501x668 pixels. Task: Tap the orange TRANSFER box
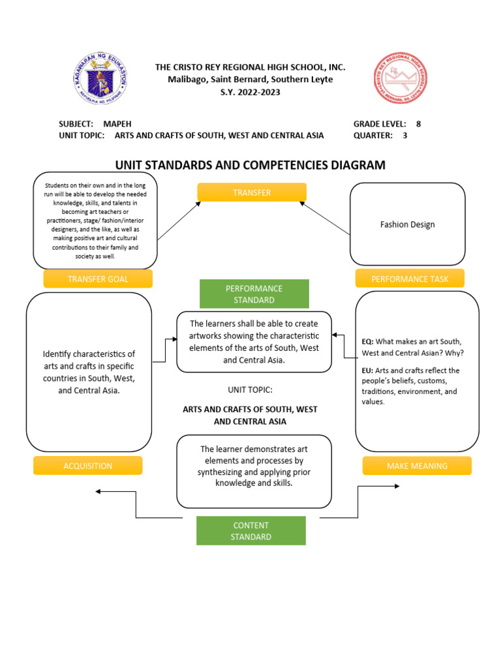pos(252,192)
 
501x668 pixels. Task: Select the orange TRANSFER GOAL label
pos(98,279)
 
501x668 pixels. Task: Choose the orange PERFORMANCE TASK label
pos(410,279)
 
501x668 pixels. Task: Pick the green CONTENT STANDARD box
pos(250,531)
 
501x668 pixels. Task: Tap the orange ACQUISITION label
pos(87,466)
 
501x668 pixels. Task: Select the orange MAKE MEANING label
pos(417,466)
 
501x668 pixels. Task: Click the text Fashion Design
pos(407,224)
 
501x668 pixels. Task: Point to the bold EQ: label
pos(368,341)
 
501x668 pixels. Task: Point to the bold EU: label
pos(368,371)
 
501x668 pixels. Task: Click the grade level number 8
pos(418,123)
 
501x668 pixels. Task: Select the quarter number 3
pos(404,136)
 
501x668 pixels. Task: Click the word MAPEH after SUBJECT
pos(117,123)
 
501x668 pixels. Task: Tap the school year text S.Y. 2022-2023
pos(250,92)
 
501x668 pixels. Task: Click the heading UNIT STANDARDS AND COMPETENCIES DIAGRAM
pos(250,165)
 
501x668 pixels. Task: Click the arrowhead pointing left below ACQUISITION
pos(98,492)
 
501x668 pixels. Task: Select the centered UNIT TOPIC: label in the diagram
pos(250,389)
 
